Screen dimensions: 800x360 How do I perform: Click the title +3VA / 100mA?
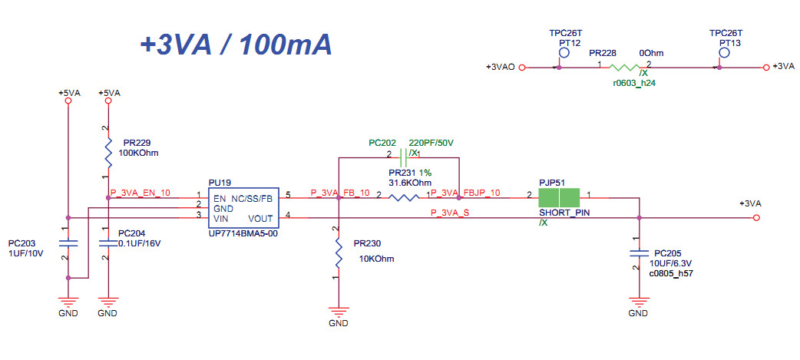coord(236,45)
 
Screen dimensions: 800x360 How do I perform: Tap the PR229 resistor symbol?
coord(108,151)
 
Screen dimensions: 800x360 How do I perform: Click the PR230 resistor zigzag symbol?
coord(338,254)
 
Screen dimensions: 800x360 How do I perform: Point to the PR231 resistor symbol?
coord(404,197)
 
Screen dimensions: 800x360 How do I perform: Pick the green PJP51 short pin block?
coord(559,197)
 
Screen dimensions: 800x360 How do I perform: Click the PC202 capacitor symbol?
coord(403,154)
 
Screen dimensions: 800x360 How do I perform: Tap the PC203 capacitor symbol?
coord(68,243)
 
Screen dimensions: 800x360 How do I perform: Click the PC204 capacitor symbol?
coord(107,243)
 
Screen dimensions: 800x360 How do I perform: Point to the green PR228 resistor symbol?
coord(624,68)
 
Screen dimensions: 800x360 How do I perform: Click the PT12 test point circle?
coord(564,53)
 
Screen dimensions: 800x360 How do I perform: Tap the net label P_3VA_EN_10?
coord(140,193)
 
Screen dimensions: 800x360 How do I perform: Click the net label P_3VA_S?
coord(450,213)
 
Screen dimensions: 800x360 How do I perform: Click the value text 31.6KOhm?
coord(410,183)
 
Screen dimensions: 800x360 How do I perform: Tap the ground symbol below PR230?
coord(338,311)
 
